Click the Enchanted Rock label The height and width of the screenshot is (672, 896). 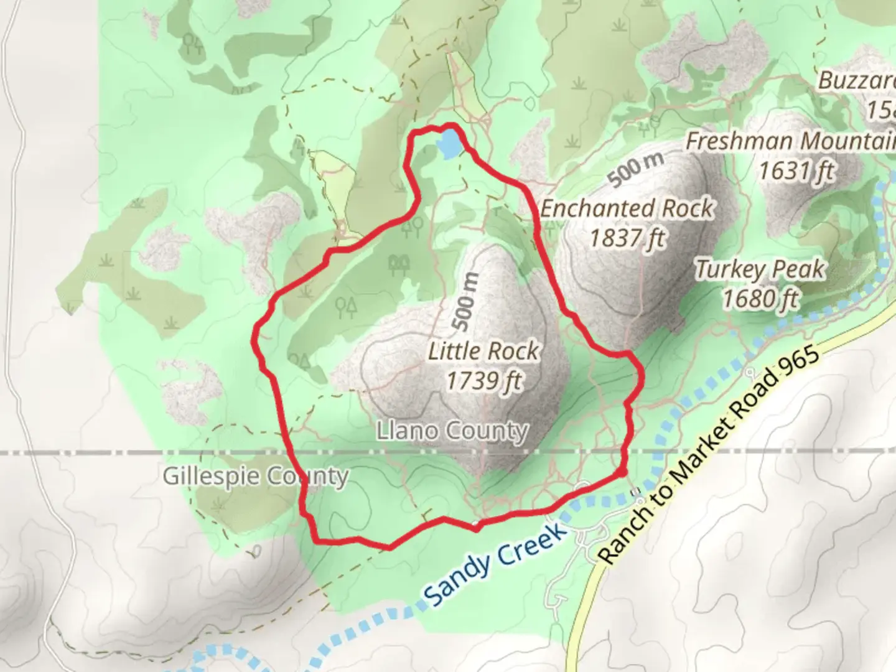pos(627,208)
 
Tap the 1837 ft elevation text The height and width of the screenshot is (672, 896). pos(627,238)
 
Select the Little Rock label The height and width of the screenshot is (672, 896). pos(483,351)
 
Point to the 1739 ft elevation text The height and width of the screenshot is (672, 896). pos(483,380)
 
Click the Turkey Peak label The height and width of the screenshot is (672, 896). pos(760,269)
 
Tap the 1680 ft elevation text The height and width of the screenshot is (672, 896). pos(760,299)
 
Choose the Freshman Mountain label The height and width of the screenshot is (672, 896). pos(790,141)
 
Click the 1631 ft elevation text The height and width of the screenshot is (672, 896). pos(796,170)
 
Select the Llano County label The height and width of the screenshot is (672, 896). pos(452,431)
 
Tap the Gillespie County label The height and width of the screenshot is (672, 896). pos(255,477)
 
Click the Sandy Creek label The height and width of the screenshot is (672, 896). pos(496,565)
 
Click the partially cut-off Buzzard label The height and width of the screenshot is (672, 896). pos(856,81)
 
